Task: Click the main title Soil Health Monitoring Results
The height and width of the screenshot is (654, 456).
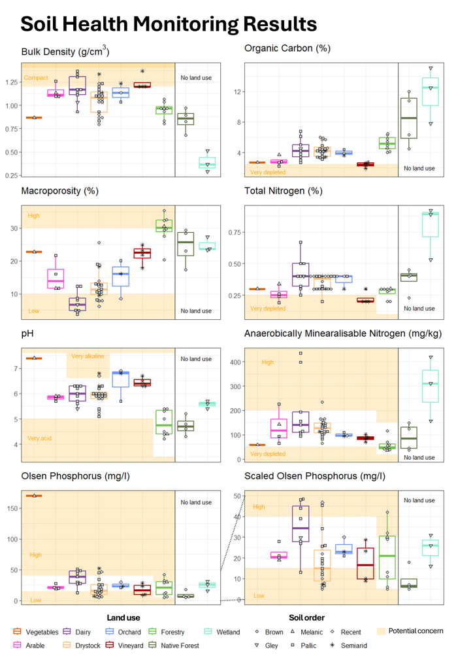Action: (x=169, y=24)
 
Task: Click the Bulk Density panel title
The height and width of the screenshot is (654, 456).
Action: (x=65, y=52)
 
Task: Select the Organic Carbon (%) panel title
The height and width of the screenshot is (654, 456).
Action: (x=287, y=48)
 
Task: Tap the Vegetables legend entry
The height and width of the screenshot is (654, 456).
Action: (x=42, y=632)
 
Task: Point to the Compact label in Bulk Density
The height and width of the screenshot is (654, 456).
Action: (x=36, y=78)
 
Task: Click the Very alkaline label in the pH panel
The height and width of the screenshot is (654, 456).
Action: (x=87, y=356)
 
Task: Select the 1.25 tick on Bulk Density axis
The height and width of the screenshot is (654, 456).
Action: (x=12, y=82)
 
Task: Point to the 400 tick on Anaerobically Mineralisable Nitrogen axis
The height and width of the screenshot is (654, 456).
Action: (x=236, y=362)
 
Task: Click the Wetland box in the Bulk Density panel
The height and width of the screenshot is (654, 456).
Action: (x=207, y=163)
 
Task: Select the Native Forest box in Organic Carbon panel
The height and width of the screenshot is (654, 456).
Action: (x=409, y=118)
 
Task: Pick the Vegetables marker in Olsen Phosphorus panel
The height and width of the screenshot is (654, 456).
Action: (x=33, y=496)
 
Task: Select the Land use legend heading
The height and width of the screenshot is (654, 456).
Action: (x=123, y=617)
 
